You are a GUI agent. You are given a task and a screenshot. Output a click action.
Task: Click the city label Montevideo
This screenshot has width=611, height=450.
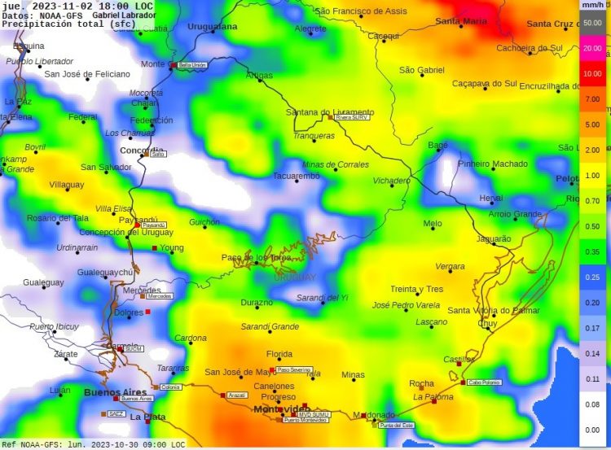280,408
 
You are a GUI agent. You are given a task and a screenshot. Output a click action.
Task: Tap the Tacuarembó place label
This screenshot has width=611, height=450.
296,176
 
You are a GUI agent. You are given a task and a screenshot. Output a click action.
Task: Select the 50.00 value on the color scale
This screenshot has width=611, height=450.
592,22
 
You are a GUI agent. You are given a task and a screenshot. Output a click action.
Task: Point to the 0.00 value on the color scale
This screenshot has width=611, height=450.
592,430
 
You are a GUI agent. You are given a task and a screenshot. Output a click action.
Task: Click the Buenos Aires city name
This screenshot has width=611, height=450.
116,392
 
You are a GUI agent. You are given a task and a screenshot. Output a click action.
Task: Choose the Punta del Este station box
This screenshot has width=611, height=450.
397,425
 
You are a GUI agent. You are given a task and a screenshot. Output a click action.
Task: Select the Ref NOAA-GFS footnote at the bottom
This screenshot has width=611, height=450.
94,444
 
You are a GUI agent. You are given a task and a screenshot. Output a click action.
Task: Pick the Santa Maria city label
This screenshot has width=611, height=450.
460,21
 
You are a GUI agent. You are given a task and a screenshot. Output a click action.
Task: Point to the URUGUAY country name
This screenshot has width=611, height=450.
294,277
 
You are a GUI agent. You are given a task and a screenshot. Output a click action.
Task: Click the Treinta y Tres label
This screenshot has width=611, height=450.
416,289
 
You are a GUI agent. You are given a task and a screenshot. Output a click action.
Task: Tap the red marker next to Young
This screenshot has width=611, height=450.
155,248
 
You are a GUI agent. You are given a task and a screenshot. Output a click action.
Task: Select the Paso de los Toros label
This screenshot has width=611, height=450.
256,257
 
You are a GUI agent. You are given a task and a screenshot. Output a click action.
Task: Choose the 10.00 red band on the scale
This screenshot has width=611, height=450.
592,73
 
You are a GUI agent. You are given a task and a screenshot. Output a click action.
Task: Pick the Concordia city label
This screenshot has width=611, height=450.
142,151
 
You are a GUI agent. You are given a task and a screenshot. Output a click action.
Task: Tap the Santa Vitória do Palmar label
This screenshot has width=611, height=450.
494,310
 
